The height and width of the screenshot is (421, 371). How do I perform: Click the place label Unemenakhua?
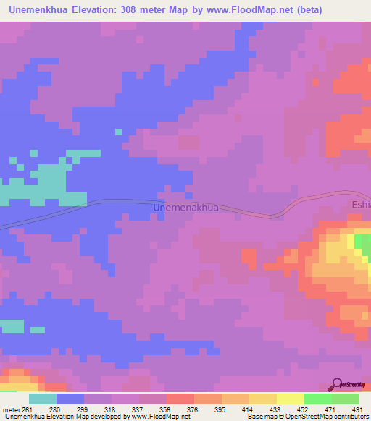coord(186,208)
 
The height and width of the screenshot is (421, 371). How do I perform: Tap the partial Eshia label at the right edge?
coord(361,205)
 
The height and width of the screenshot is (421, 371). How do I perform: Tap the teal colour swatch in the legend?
coord(43,399)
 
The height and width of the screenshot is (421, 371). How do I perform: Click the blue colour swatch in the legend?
coord(70,399)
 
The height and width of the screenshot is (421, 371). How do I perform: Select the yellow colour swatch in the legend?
coord(290,399)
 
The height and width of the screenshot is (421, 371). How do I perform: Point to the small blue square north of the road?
coord(117,131)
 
